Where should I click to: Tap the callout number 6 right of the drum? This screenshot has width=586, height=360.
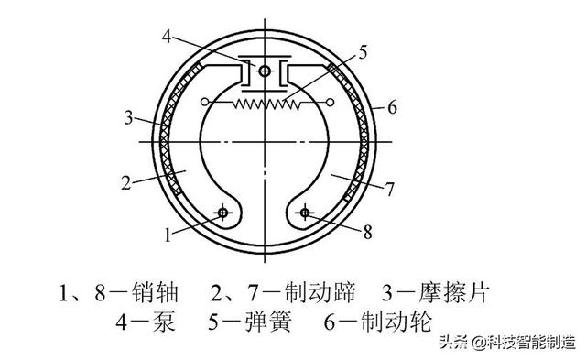click(x=392, y=108)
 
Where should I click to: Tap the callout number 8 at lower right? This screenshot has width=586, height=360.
click(x=366, y=233)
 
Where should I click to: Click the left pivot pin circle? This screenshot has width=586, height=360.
click(x=221, y=213)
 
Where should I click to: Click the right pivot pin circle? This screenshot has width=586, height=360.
click(x=304, y=213)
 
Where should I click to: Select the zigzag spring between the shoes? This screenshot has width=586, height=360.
click(x=263, y=104)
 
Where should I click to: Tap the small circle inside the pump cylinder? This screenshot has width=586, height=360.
click(x=264, y=71)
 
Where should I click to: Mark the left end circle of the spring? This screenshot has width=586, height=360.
click(x=207, y=100)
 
